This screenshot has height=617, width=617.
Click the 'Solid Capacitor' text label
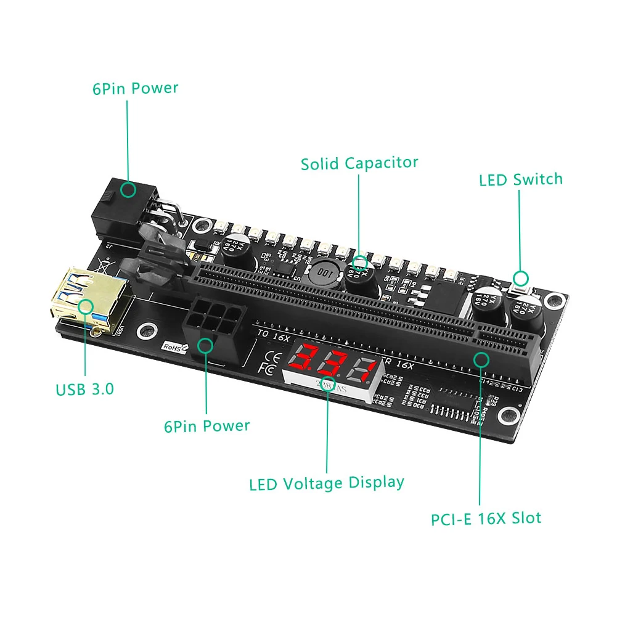click(359, 163)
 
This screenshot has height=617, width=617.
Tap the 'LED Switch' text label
click(521, 180)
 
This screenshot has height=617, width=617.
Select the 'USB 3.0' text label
click(85, 390)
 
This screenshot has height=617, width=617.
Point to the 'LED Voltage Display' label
click(327, 483)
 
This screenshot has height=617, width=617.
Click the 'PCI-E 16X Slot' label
click(486, 518)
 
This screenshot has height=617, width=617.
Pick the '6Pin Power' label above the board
click(135, 88)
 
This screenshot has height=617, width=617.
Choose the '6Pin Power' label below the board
click(206, 426)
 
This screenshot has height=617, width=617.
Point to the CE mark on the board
click(269, 356)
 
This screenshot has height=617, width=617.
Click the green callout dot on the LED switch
click(521, 277)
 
